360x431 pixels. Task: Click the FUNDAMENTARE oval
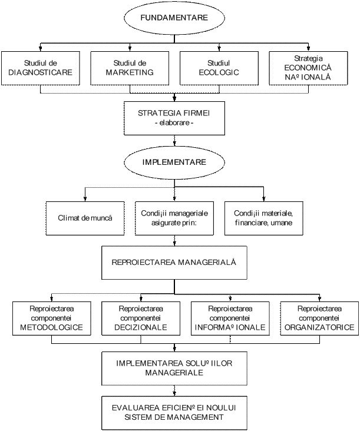tap(174, 18)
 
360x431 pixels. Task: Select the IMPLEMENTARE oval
tap(174, 161)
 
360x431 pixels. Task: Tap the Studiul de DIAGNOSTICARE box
tap(41, 68)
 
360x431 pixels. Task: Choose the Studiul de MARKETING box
tap(130, 68)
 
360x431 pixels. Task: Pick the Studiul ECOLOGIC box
tap(219, 68)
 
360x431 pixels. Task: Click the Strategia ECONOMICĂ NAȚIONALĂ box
tap(308, 68)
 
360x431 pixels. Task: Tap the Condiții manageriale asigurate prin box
tap(174, 218)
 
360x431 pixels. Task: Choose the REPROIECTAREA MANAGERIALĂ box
tap(174, 262)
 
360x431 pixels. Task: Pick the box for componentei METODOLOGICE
tap(51, 319)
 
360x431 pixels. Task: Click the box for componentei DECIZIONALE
tap(141, 319)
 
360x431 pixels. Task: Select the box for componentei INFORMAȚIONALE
tap(230, 319)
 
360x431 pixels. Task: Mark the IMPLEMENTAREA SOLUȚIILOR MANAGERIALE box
tap(174, 368)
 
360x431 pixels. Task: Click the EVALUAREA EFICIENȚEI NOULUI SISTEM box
tap(174, 412)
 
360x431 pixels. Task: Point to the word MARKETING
tap(130, 72)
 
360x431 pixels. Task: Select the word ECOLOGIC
tap(219, 72)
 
